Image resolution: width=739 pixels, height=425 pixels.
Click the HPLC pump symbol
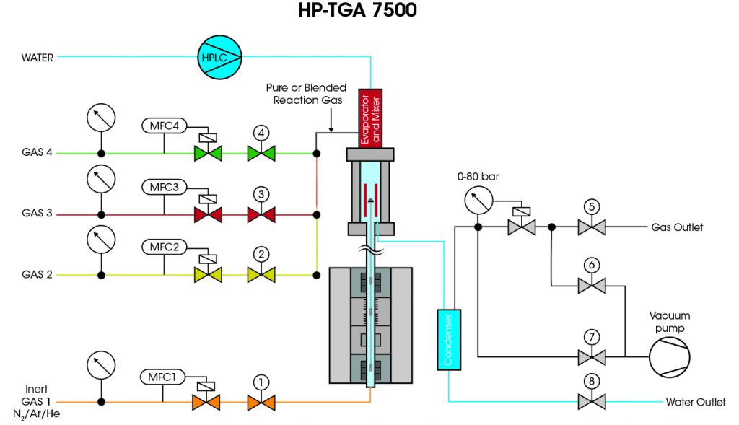click(220, 55)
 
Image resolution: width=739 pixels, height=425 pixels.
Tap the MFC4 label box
click(165, 125)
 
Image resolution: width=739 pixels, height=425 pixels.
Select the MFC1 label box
click(162, 377)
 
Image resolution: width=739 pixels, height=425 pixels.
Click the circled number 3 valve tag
click(261, 193)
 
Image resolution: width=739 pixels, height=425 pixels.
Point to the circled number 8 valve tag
click(592, 380)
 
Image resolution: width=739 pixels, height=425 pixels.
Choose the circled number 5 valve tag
click(592, 206)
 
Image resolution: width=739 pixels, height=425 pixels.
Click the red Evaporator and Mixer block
click(369, 118)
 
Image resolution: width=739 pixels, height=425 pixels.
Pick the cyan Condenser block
click(449, 339)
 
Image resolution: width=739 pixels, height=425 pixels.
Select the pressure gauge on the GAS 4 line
click(101, 118)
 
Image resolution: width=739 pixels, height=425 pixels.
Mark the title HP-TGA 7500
click(357, 12)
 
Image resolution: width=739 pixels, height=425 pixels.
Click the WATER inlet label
click(37, 58)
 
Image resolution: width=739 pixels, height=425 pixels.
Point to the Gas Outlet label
click(676, 227)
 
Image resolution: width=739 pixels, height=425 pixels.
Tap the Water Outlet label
click(696, 402)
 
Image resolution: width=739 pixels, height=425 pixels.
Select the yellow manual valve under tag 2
click(261, 275)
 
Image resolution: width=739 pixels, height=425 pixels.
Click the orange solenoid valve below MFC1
click(206, 402)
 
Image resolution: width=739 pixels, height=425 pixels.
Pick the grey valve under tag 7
click(592, 356)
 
